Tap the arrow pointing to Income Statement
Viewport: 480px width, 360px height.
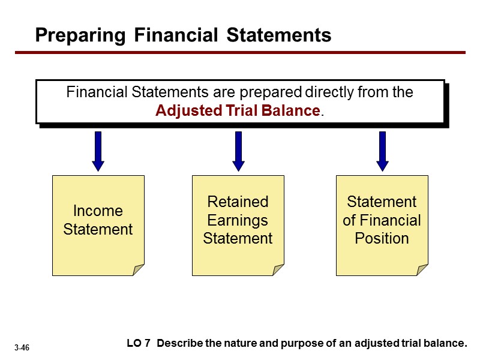(x=98, y=151)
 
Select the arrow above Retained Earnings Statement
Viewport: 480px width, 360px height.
(x=238, y=151)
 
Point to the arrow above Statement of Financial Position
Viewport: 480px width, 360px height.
(x=382, y=151)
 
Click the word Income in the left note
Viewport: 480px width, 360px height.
(x=98, y=211)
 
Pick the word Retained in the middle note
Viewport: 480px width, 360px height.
(x=238, y=202)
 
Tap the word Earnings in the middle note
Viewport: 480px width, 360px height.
(x=238, y=220)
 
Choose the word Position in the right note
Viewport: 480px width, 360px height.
(x=382, y=238)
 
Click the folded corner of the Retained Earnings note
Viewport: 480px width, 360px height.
(x=278, y=270)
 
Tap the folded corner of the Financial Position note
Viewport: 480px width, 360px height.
(x=422, y=270)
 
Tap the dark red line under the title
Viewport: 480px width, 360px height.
(x=240, y=53)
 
